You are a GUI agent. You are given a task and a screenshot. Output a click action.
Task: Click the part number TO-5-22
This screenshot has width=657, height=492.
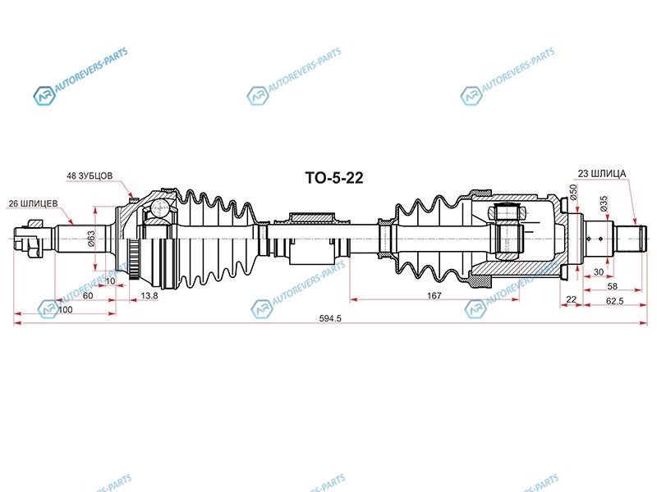pyautogui.click(x=334, y=178)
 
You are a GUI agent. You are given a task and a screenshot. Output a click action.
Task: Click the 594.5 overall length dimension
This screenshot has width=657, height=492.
pyautogui.click(x=330, y=318)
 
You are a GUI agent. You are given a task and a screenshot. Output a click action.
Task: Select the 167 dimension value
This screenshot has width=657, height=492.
pyautogui.click(x=434, y=295)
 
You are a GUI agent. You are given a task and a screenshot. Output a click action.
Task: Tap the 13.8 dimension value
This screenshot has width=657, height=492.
pyautogui.click(x=149, y=295)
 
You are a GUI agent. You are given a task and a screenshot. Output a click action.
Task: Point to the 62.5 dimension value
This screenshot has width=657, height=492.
pyautogui.click(x=614, y=301)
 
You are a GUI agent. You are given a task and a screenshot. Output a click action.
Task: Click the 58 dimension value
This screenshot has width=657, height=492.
pyautogui.click(x=612, y=286)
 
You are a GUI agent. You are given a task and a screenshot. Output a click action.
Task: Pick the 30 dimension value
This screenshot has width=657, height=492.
pyautogui.click(x=599, y=272)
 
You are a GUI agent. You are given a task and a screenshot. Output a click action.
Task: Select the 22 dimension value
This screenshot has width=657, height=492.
pyautogui.click(x=571, y=299)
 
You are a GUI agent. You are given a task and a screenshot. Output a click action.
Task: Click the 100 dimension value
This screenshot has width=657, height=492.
pyautogui.click(x=65, y=310)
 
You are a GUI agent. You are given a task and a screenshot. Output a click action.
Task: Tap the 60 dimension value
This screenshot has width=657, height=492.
pyautogui.click(x=88, y=295)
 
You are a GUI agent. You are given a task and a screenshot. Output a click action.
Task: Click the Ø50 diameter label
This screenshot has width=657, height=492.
pyautogui.click(x=573, y=191)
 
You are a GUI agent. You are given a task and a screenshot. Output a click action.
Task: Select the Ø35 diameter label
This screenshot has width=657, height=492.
pyautogui.click(x=604, y=203)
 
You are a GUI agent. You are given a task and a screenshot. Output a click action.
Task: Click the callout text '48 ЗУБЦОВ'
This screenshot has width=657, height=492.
pyautogui.click(x=90, y=175)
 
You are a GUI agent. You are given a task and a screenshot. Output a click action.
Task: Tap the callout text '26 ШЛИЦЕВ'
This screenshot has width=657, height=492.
pyautogui.click(x=33, y=203)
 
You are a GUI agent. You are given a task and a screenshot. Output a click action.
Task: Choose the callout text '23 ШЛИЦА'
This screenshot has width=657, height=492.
pyautogui.click(x=602, y=173)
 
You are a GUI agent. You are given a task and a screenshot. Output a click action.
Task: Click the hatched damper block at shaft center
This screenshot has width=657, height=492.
pyautogui.click(x=312, y=217)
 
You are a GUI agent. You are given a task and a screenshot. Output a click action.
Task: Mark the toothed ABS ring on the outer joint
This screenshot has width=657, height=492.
pyautogui.click(x=134, y=260)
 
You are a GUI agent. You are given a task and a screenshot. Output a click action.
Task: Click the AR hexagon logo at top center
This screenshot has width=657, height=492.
pyautogui.click(x=257, y=96)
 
